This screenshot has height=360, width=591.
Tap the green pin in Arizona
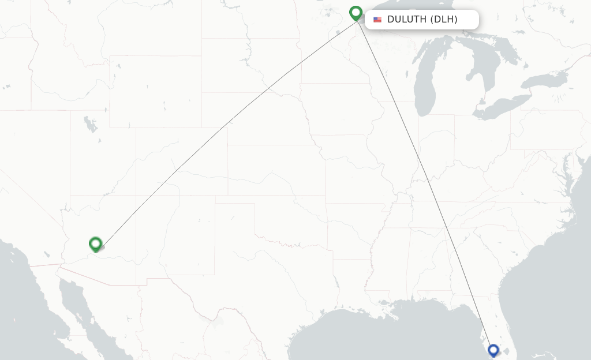coord(95,244)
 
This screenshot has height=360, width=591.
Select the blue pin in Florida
coord(493,350)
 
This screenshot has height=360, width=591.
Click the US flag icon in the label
coord(377,20)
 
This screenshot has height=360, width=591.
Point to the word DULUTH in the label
coord(407,20)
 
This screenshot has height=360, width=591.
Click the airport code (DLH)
coord(444,20)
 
